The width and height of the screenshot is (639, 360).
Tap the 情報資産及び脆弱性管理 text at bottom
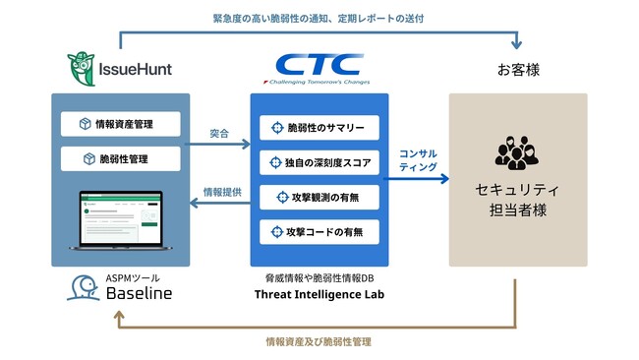pyautogui.click(x=318, y=342)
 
